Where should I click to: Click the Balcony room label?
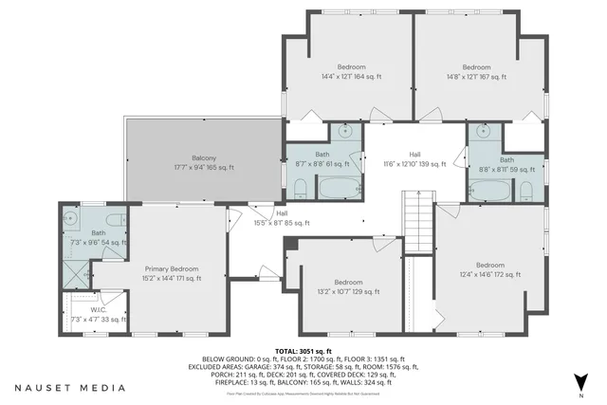tap(204, 163)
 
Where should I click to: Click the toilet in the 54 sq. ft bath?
tap(113, 221)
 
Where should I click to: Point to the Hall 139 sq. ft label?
tap(414, 158)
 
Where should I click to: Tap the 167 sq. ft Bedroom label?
tap(475, 71)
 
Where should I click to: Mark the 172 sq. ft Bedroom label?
tap(489, 269)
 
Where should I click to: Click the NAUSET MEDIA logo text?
tap(70, 388)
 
